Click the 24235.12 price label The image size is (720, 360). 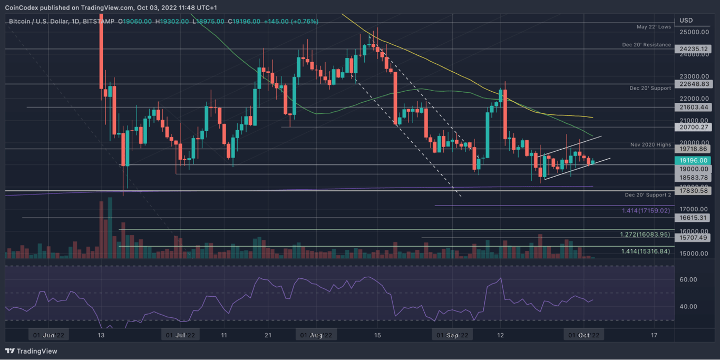click(693, 49)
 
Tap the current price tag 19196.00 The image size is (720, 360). click(693, 160)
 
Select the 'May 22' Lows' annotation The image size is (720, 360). click(653, 26)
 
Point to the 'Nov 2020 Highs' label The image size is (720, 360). click(650, 144)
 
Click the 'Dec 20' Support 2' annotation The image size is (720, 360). click(648, 195)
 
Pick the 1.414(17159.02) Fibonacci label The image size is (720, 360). click(646, 210)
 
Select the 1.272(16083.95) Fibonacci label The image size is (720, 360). click(645, 235)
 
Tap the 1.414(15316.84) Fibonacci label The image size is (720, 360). click(645, 251)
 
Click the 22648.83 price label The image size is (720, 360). click(693, 84)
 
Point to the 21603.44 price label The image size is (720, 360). click(693, 107)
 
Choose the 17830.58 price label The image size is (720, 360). click(693, 191)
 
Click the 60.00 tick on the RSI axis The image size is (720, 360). click(688, 279)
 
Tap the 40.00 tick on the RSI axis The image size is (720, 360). click(688, 306)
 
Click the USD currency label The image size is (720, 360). click(686, 20)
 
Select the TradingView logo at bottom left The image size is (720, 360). click(31, 351)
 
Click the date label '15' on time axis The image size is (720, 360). click(377, 335)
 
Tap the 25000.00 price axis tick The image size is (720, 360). click(693, 32)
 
